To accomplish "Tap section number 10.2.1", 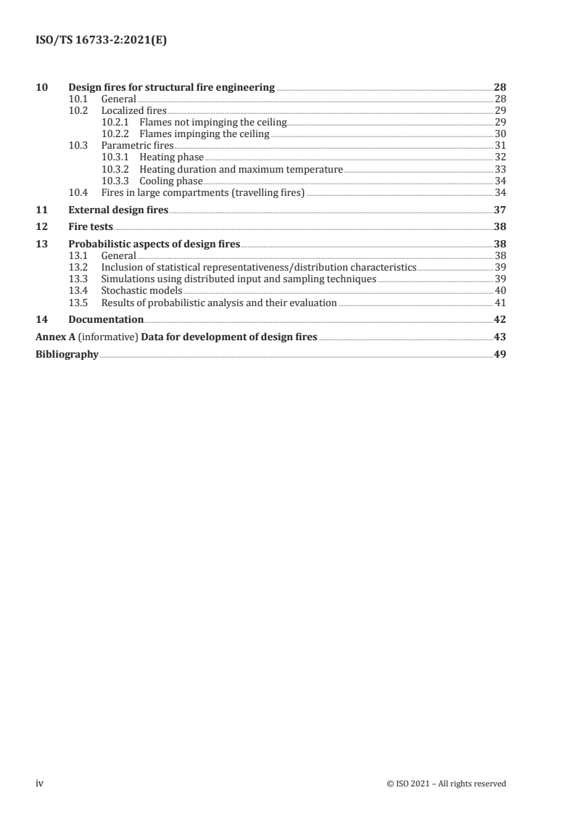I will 115,123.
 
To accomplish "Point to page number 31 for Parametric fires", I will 500,146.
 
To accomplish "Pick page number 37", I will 500,210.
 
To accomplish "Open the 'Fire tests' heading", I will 91,227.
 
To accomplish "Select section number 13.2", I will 78,268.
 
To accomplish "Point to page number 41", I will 500,303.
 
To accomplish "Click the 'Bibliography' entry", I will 67,355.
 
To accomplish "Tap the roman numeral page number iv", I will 40,784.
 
